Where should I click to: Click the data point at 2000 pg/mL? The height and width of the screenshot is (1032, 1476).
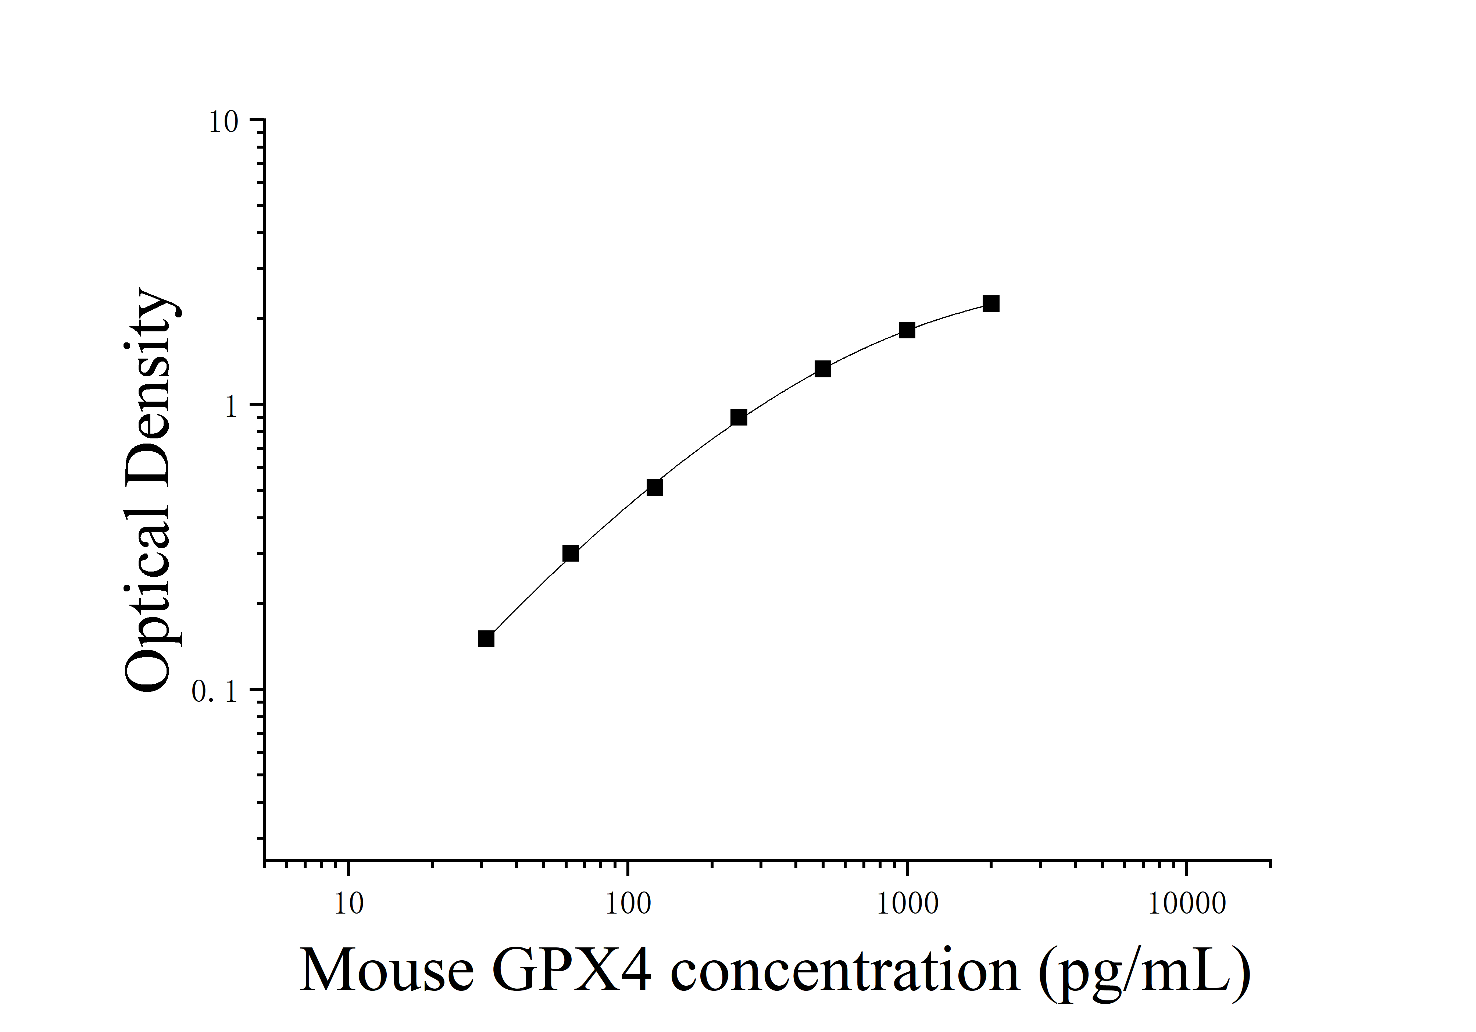[x=991, y=304]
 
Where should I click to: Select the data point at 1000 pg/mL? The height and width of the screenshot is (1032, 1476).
[x=907, y=331]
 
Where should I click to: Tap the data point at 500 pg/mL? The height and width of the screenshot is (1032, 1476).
[x=823, y=369]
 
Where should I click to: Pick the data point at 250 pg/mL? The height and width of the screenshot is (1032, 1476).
[x=739, y=418]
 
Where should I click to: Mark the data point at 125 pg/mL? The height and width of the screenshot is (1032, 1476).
[x=654, y=487]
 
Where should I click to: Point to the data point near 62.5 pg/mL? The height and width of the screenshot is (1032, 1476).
[x=570, y=553]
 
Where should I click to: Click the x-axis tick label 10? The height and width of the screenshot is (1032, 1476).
[x=349, y=904]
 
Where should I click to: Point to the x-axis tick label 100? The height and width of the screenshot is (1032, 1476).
[x=628, y=904]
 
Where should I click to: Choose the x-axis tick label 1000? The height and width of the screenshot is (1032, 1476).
[x=907, y=904]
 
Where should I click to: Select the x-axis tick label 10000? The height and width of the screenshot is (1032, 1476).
[x=1187, y=904]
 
